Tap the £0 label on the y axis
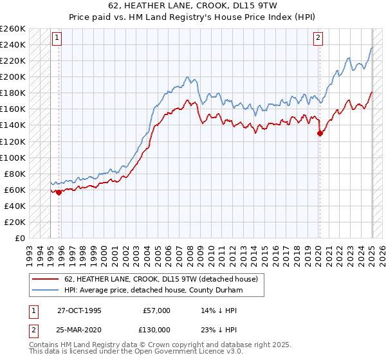tap(19, 238)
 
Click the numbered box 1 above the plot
tap(57, 38)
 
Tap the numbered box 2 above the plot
tap(318, 38)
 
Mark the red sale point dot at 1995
tap(59, 192)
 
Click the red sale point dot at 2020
tap(320, 134)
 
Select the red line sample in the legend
tap(45, 279)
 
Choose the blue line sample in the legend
tap(45, 290)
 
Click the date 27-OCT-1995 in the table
tap(79, 310)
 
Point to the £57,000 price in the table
tap(156, 310)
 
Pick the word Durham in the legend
tap(248, 290)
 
